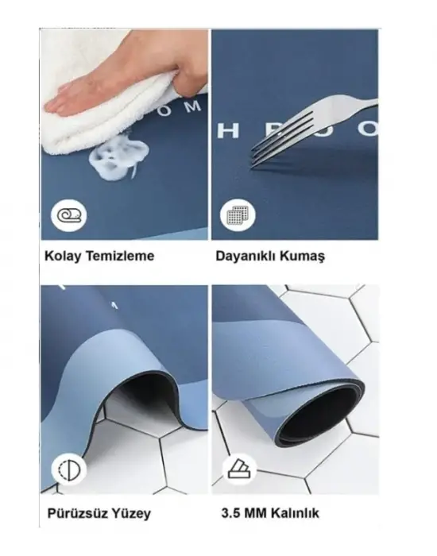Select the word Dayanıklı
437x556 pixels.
point(245,257)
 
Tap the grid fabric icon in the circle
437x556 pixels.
point(237,215)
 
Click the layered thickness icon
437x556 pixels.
point(237,469)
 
